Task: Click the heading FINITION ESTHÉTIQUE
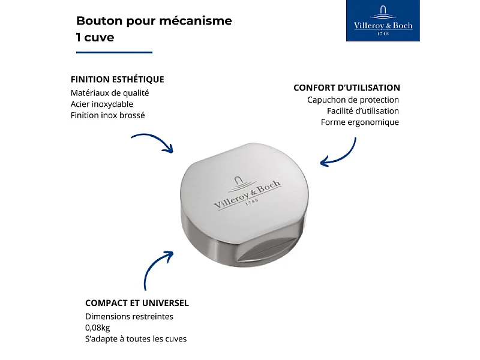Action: [x=117, y=79]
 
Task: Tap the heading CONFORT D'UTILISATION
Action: [x=346, y=88]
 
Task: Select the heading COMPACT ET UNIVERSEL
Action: [x=137, y=303]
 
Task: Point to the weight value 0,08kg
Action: [x=98, y=328]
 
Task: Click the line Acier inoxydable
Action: [x=101, y=104]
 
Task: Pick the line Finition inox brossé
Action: [x=107, y=115]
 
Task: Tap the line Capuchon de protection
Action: [x=353, y=100]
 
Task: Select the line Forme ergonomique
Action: [x=359, y=122]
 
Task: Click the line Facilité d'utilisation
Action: [x=362, y=111]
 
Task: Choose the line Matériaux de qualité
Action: [x=109, y=93]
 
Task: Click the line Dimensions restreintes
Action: [x=129, y=316]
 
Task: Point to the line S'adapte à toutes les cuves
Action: [x=136, y=339]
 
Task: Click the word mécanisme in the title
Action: [x=196, y=21]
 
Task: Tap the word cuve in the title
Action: [x=100, y=37]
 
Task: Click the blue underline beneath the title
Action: [x=114, y=52]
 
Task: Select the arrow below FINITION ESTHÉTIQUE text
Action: [x=152, y=142]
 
